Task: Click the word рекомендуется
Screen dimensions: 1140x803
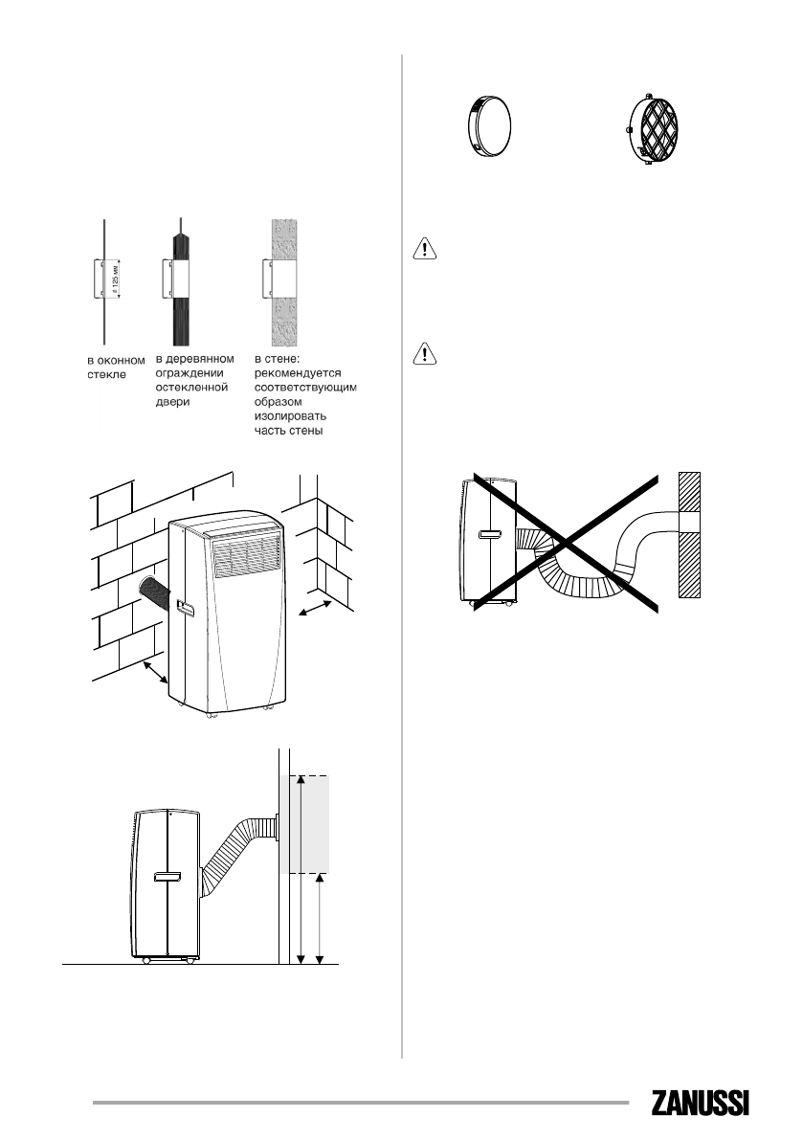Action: (301, 374)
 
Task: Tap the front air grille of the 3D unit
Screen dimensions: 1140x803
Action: (248, 556)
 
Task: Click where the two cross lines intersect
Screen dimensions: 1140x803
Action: (567, 543)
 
